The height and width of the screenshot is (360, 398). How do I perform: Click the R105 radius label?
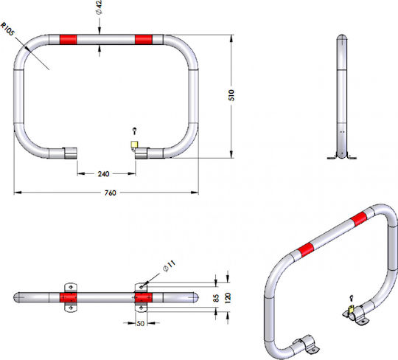[x=8, y=30]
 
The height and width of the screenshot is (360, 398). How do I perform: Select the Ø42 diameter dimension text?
[x=99, y=7]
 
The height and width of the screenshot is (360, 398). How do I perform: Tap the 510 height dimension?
[x=231, y=95]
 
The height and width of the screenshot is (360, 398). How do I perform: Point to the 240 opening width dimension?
[x=104, y=174]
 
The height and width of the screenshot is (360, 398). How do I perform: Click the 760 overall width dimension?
[x=110, y=193]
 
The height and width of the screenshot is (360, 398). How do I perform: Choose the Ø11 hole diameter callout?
[x=170, y=266]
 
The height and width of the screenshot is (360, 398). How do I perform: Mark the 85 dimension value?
[x=216, y=298]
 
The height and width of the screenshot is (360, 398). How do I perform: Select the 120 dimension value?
[x=228, y=297]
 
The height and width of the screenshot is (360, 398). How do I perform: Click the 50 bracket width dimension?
[x=140, y=323]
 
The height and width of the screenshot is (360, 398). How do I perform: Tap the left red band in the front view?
[x=68, y=40]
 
